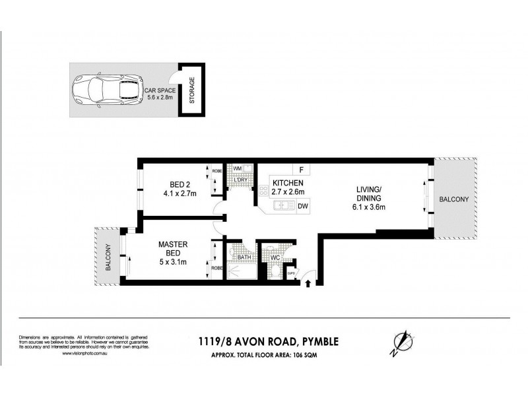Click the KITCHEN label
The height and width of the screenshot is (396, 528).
tap(288, 183)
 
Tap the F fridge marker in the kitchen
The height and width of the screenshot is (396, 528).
tap(301, 169)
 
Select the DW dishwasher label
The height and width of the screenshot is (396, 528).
tap(303, 206)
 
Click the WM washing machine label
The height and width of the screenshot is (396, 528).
tap(237, 169)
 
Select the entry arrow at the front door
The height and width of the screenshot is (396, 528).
tap(308, 284)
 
